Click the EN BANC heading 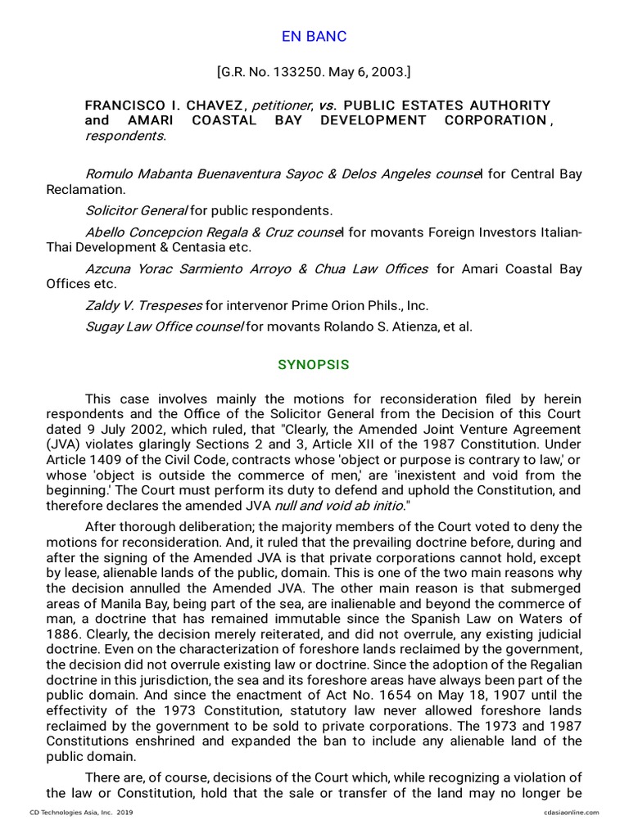(x=314, y=37)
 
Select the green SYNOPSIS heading (x=314, y=365)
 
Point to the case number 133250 (x=284, y=73)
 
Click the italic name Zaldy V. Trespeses (x=143, y=305)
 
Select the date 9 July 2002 (x=97, y=429)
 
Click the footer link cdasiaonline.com (x=570, y=813)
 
